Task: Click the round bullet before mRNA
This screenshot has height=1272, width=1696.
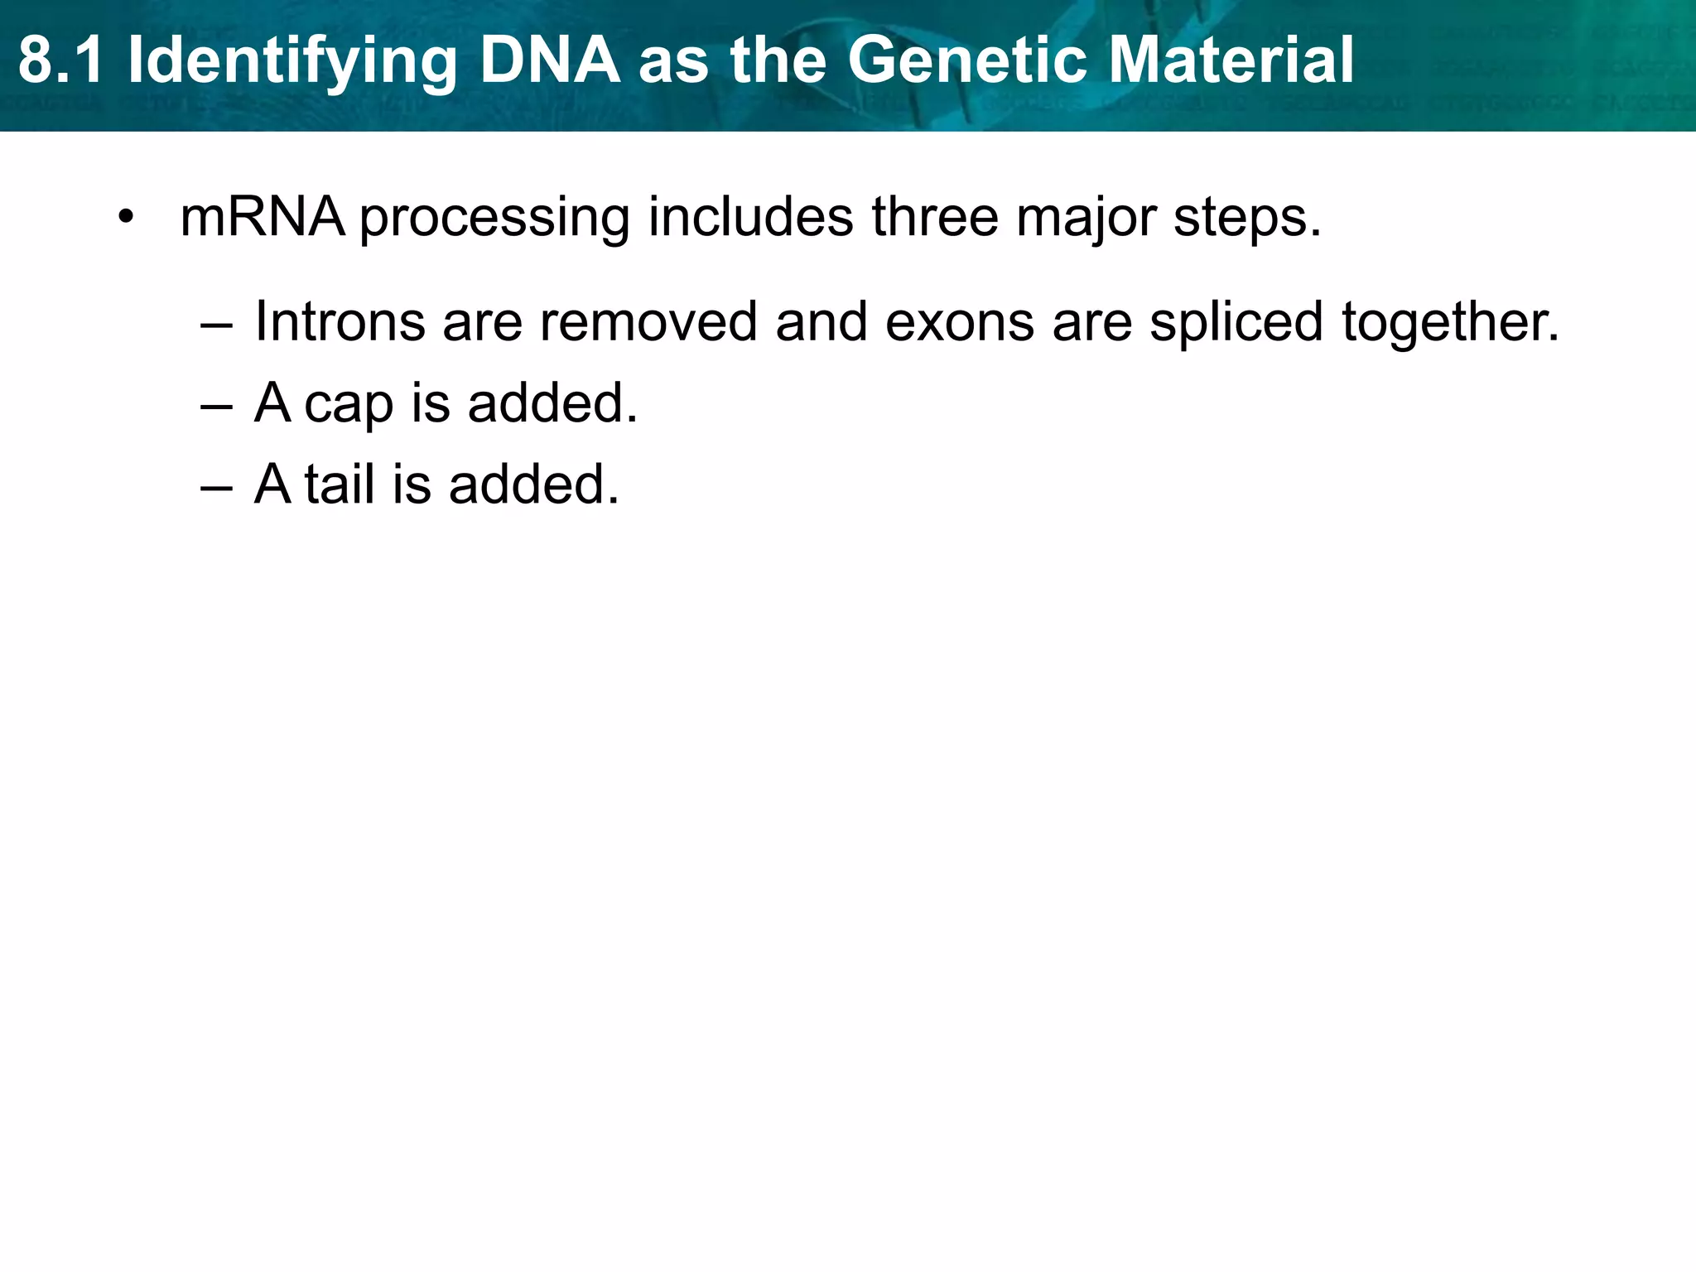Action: (125, 218)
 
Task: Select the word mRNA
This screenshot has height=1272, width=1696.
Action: (262, 217)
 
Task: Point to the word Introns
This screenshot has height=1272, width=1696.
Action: (340, 321)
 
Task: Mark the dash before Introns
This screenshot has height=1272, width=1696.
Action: (217, 325)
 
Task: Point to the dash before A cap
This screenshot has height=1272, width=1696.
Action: (217, 406)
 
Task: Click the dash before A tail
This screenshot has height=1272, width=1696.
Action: (217, 486)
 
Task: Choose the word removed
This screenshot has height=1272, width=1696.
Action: (648, 321)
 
